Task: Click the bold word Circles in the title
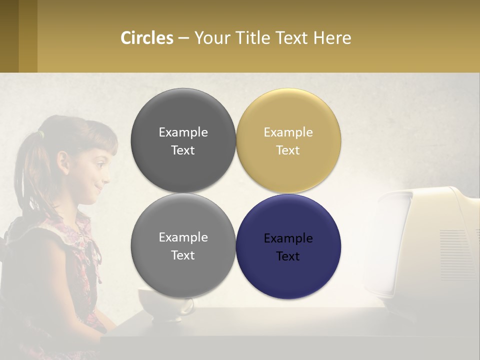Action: coord(146,38)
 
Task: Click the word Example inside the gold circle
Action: coord(288,132)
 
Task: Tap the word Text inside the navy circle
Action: coord(288,256)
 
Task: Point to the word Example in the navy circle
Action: coord(288,238)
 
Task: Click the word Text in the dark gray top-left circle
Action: coord(183,150)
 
